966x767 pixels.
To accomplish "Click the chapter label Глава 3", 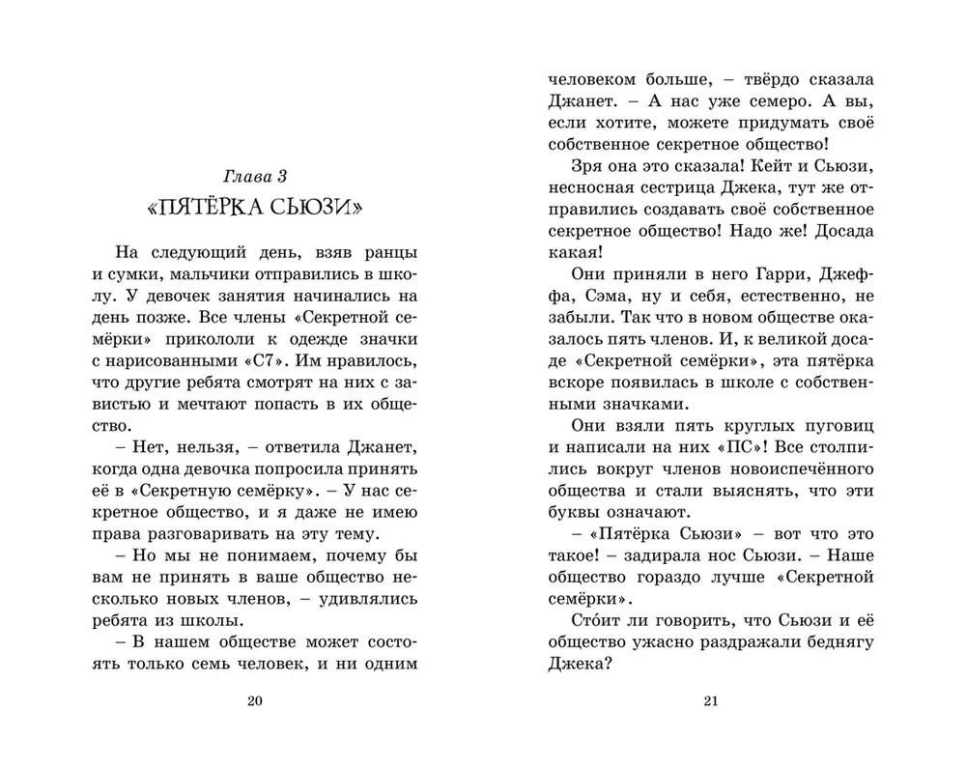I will (x=255, y=177).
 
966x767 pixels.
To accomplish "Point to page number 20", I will (x=255, y=701).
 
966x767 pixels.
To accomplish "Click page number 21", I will (x=710, y=701).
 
